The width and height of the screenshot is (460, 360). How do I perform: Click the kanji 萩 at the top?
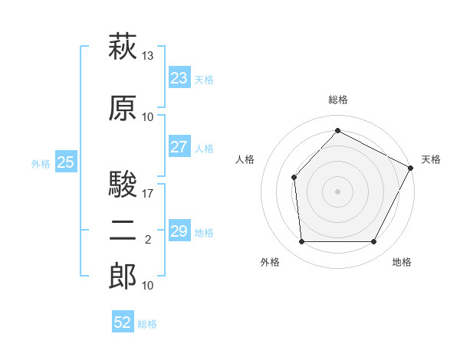(123, 46)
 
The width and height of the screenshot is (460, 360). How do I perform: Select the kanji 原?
(123, 108)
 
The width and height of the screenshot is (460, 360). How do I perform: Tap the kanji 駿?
(123, 184)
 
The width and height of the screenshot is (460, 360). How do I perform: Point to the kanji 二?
(123, 231)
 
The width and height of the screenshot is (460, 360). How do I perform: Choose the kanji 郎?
(123, 276)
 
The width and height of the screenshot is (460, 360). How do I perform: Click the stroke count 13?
(147, 56)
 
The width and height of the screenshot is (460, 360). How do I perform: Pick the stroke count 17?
(147, 194)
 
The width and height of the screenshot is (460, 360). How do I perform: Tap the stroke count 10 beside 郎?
(147, 286)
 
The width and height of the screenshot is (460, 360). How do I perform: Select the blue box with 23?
(179, 77)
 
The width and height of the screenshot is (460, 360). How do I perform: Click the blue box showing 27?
(179, 146)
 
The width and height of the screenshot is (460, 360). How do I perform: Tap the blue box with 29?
(179, 230)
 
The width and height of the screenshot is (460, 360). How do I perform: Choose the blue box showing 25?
(66, 162)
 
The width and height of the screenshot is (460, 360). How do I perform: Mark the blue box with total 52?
(123, 321)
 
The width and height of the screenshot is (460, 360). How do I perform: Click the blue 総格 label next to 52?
(147, 324)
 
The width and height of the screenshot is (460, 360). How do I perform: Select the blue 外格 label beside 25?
(41, 164)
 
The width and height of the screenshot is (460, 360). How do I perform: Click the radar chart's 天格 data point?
(410, 168)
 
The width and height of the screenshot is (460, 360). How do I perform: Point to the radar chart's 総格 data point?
(337, 130)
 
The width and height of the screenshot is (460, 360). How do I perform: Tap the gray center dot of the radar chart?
(337, 191)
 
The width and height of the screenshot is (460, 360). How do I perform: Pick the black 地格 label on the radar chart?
(402, 262)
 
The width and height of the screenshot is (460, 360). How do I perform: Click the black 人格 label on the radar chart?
(245, 159)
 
